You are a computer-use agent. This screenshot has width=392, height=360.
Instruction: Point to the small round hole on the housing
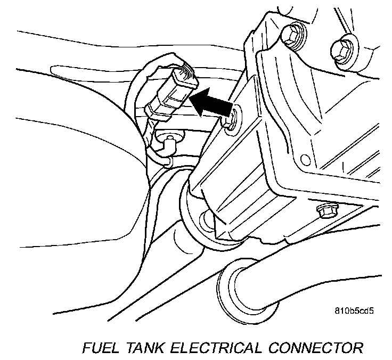(305, 159)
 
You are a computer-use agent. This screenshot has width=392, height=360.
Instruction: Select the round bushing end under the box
(204, 219)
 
